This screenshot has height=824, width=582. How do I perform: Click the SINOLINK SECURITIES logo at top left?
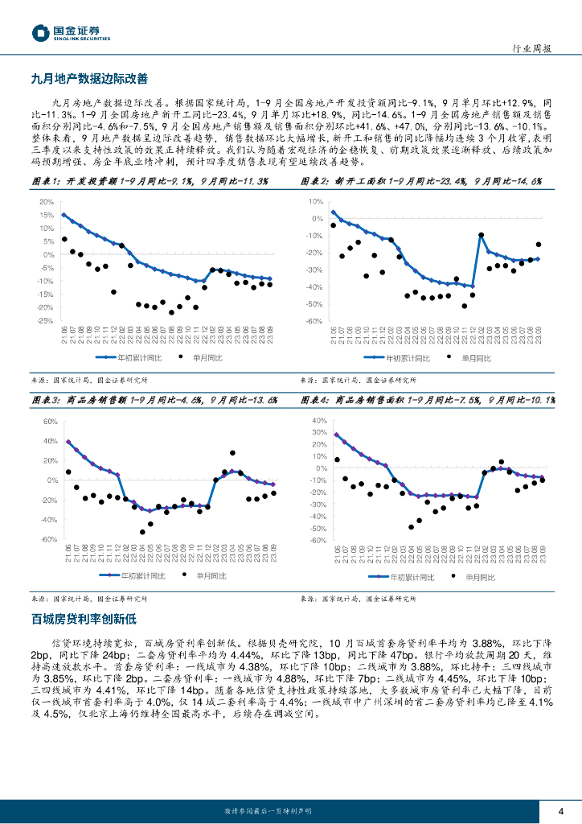[x=71, y=33]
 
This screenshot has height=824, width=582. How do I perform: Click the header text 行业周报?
[x=532, y=48]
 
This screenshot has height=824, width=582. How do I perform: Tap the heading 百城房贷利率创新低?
[x=84, y=619]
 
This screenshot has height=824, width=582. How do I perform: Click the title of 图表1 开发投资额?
[x=150, y=182]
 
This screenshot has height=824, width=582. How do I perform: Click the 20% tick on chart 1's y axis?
[x=47, y=202]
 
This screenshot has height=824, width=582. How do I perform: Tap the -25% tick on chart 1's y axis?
[x=46, y=320]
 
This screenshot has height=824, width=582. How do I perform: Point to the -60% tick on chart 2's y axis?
[x=312, y=321]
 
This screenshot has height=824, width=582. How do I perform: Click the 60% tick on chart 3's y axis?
[x=47, y=422]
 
